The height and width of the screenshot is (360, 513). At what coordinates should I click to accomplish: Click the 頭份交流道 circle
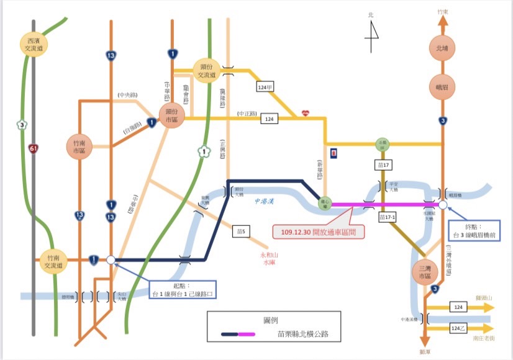[206, 71]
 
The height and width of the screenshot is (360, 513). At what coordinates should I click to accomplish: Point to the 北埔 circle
[442, 48]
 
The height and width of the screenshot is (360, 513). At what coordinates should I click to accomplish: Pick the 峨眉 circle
[442, 87]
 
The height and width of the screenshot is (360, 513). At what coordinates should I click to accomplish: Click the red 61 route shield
[33, 148]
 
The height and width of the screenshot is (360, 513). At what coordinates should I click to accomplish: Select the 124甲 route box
[265, 88]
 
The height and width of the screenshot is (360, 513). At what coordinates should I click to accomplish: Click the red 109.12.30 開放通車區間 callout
[319, 232]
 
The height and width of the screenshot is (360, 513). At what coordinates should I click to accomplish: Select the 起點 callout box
[183, 289]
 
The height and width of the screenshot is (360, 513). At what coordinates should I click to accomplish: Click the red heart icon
[305, 113]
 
